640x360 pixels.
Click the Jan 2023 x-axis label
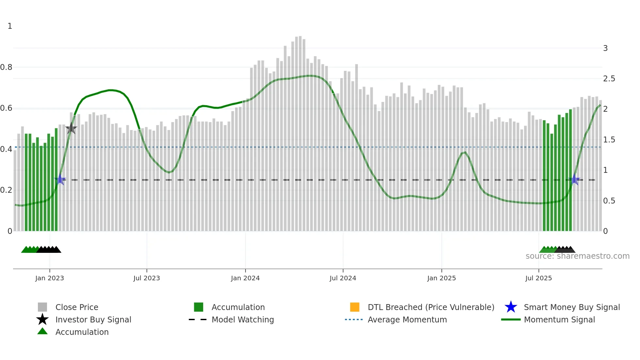50,278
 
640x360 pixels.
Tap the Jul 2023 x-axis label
147,278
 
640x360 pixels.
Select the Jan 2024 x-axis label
245,278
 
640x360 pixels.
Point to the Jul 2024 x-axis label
343,278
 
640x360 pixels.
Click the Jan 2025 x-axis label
441,278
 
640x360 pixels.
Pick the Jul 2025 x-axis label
538,278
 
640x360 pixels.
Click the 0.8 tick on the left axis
6,67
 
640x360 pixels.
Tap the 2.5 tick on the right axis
609,79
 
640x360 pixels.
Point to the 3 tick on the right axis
605,48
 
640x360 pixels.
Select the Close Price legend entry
77,307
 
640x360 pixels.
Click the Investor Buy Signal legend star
42,319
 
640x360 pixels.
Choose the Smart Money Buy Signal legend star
511,307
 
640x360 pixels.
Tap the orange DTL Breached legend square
355,307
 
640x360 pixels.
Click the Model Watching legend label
243,320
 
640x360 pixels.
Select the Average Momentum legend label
407,320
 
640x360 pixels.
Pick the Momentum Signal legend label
559,320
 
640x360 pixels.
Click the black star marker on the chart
71,128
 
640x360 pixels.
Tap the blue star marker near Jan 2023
60,180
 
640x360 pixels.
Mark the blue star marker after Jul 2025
575,180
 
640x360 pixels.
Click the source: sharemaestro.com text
577,256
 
